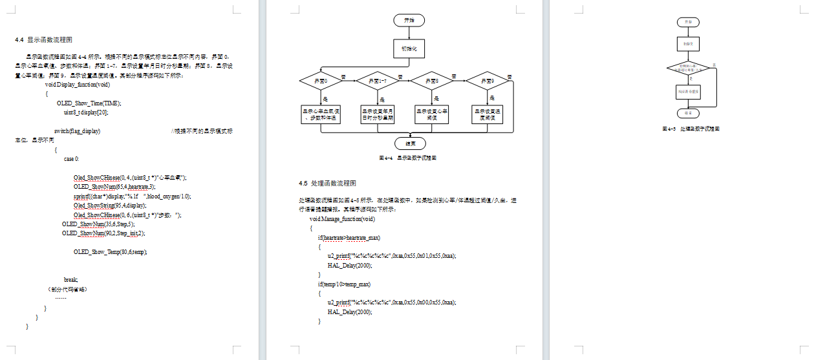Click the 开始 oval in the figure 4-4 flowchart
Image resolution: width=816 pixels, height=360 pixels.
[x=409, y=20]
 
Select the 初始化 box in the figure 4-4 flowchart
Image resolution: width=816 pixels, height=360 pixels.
[x=409, y=48]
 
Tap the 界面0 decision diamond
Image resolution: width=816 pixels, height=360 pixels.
[x=321, y=81]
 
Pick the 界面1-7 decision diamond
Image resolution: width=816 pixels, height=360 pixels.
[x=377, y=81]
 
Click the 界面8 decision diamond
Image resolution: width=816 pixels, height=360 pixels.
[x=432, y=81]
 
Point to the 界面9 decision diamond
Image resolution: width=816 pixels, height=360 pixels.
[x=488, y=81]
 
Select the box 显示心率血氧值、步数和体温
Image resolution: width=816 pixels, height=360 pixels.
[x=321, y=114]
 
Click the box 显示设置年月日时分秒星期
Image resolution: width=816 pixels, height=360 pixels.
[x=377, y=114]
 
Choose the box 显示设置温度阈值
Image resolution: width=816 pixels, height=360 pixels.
[x=488, y=114]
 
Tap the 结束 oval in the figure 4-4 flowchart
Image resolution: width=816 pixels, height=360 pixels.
[x=409, y=143]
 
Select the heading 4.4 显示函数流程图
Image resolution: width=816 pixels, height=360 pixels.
[x=43, y=39]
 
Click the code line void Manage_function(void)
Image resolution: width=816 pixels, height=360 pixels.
[x=342, y=219]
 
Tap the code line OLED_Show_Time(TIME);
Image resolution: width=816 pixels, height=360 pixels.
[x=89, y=103]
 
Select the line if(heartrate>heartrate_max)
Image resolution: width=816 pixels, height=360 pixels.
[x=349, y=238]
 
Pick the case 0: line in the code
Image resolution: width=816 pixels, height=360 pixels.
[x=72, y=158]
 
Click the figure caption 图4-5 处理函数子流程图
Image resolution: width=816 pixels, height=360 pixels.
[x=691, y=129]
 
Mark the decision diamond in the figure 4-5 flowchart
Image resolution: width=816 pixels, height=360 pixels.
[x=688, y=67]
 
